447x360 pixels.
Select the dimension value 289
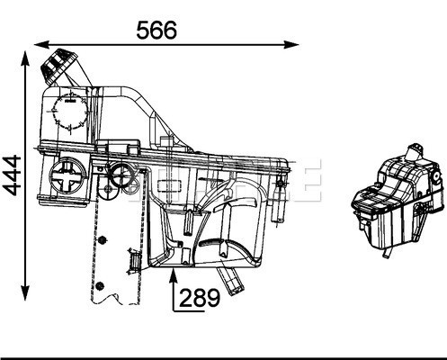click(x=199, y=298)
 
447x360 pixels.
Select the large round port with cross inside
click(x=68, y=175)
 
